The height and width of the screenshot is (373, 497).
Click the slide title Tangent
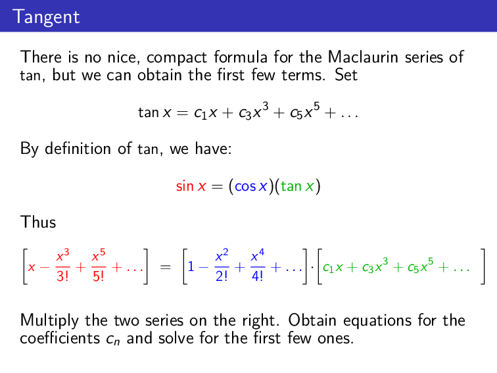(45, 16)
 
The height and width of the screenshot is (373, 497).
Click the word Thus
(38, 222)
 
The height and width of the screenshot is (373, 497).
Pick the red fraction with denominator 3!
(64, 267)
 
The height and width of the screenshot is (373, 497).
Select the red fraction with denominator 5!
(99, 267)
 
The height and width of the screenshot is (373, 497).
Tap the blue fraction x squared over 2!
(224, 267)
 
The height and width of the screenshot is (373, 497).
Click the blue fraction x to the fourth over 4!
(257, 267)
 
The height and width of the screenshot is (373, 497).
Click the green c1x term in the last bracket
(332, 268)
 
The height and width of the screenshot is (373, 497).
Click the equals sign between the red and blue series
(166, 268)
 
